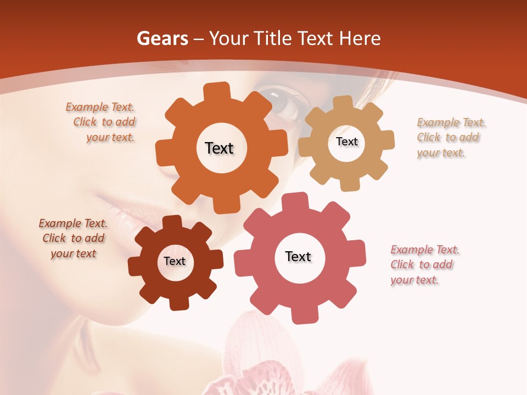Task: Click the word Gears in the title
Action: coord(160,38)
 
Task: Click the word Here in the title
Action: coord(360,38)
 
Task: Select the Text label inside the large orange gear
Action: coord(219,148)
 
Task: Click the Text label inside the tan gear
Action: coord(346,142)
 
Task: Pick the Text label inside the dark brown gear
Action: coord(175,261)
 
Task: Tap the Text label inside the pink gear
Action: coord(298,256)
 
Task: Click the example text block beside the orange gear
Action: coord(102,122)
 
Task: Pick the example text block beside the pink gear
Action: coord(424,265)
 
